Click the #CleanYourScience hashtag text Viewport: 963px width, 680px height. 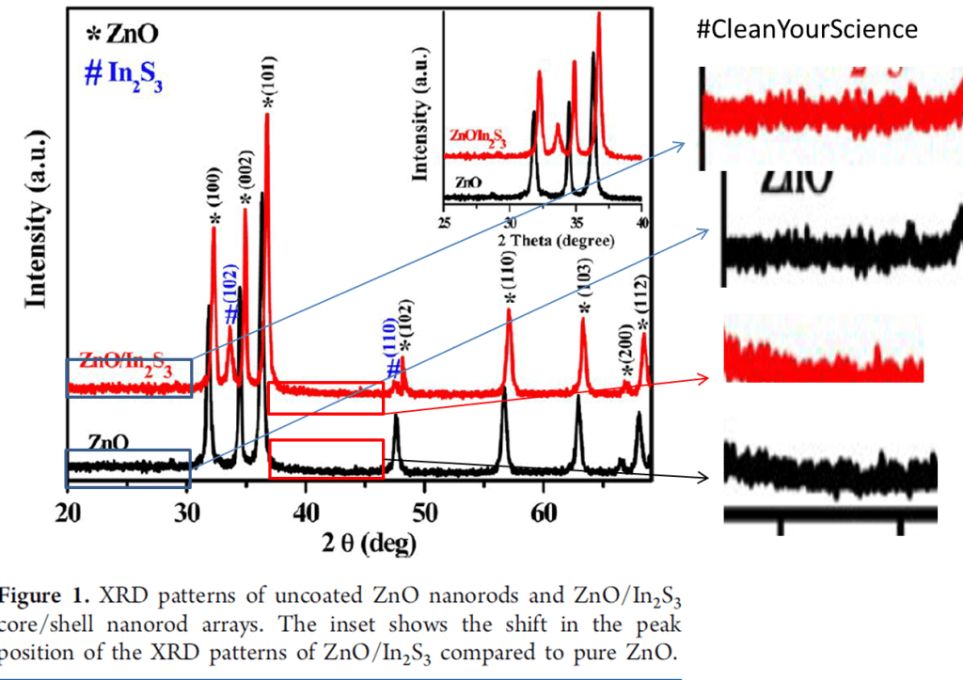pyautogui.click(x=806, y=29)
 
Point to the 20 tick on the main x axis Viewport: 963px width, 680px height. pyautogui.click(x=66, y=514)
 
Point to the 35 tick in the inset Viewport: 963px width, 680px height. pyautogui.click(x=575, y=223)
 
